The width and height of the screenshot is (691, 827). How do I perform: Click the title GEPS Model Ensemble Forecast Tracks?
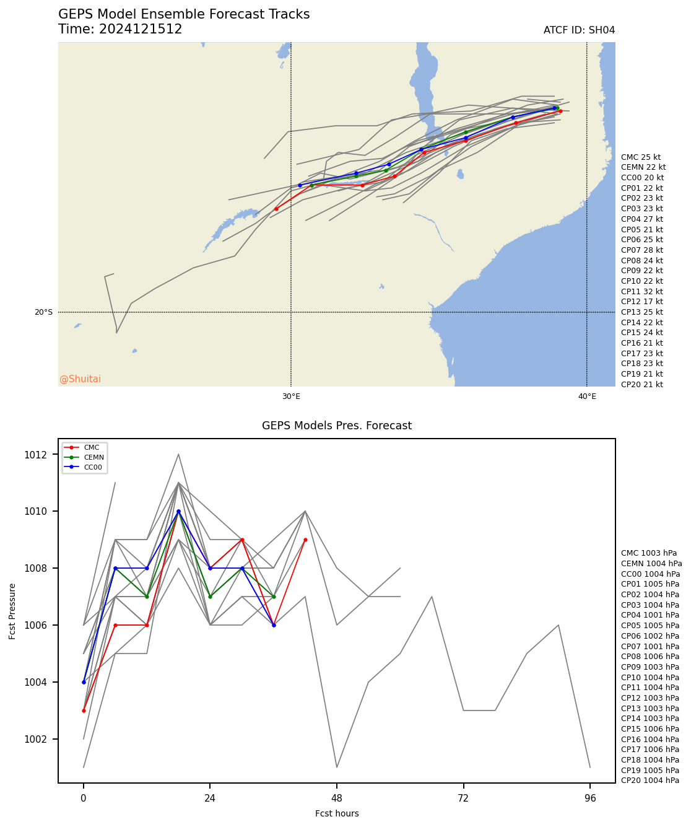pos(184,14)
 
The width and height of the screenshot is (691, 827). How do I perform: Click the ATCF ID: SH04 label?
pos(579,30)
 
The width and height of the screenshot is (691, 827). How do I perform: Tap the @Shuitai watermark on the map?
pos(80,379)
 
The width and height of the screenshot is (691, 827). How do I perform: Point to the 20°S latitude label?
pos(43,312)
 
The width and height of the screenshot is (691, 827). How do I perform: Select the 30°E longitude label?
pos(291,396)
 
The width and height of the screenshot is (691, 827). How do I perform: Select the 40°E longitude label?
pos(587,396)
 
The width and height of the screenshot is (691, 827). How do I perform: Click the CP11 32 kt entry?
pos(641,291)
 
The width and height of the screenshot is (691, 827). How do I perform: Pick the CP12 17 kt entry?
pos(641,302)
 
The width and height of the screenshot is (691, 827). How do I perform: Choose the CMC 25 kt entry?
pos(640,157)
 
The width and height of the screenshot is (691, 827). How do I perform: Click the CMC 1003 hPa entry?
pos(648,553)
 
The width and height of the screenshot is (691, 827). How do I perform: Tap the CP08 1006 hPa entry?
pos(650,657)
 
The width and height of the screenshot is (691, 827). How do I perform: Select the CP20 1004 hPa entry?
pos(650,781)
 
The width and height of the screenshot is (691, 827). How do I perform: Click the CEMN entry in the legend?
pos(93,457)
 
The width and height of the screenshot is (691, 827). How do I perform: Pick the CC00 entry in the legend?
pos(93,467)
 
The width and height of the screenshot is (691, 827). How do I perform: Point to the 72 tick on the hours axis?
pos(463,798)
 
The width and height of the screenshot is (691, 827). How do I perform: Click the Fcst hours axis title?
pos(337,813)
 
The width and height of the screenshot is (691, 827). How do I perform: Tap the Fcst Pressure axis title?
pos(12,611)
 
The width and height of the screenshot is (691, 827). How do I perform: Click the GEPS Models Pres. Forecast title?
pos(337,426)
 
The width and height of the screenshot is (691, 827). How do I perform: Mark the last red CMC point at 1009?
pos(305,540)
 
